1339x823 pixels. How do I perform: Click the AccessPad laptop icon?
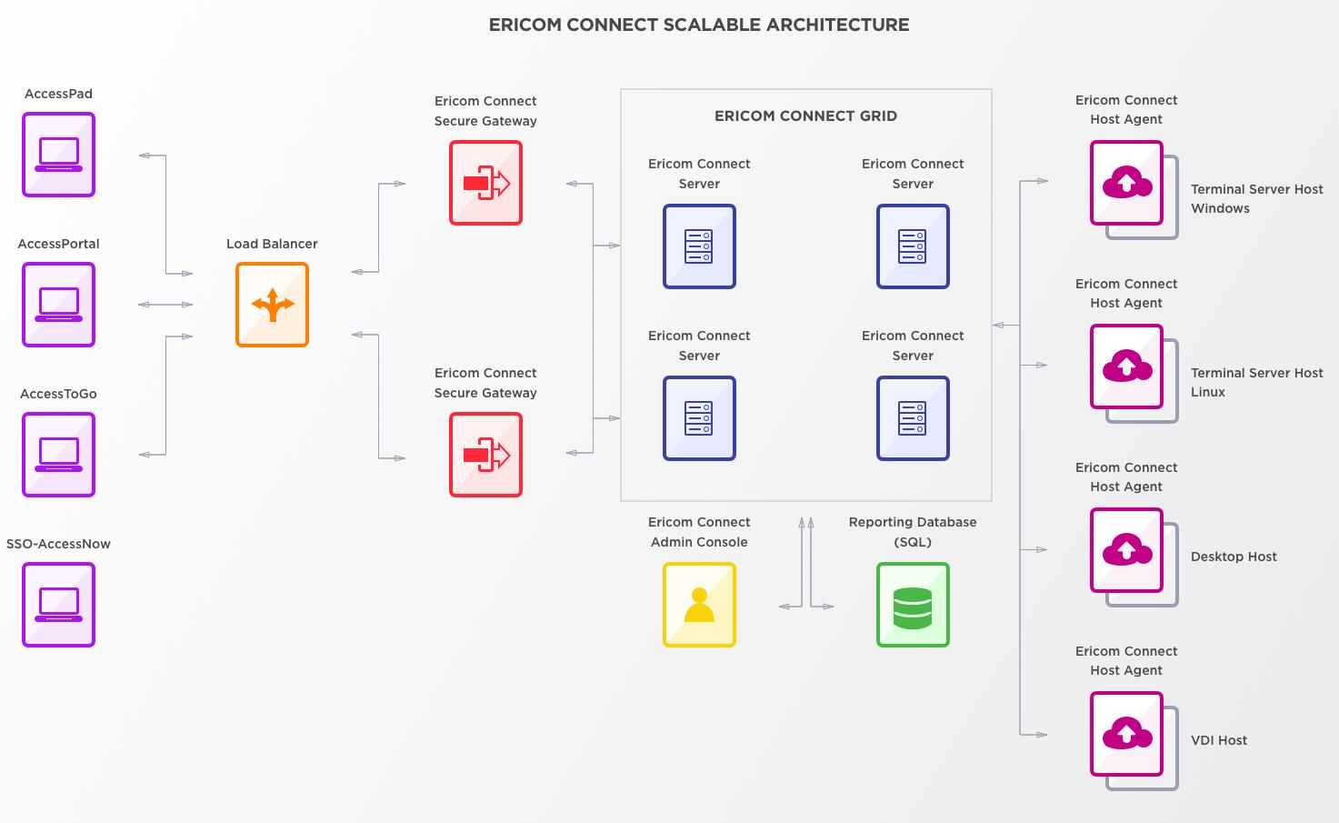[x=58, y=155]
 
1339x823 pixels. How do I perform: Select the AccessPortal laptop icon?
[x=58, y=305]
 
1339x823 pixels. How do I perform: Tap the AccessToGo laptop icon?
[x=58, y=455]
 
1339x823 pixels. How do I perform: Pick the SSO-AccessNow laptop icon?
[x=58, y=605]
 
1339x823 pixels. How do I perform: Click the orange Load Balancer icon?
[x=272, y=305]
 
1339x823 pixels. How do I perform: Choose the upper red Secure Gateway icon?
[x=485, y=183]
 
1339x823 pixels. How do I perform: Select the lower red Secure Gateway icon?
[x=485, y=455]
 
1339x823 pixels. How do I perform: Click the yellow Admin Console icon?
[x=699, y=605]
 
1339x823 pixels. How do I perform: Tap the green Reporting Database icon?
[x=913, y=605]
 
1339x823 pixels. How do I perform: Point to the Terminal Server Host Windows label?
[x=1256, y=198]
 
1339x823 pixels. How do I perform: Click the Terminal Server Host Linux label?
[x=1256, y=382]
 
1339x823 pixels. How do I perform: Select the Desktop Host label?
[x=1234, y=557]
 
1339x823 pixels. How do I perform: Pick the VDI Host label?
[x=1218, y=740]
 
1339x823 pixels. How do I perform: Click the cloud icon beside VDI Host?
[x=1126, y=734]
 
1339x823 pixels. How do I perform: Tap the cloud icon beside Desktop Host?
[x=1126, y=550]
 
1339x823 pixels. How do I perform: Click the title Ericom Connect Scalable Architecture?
[x=698, y=25]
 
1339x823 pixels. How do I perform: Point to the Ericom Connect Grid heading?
[x=805, y=115]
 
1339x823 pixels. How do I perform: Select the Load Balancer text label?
[x=272, y=244]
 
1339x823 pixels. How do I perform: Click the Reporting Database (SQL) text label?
[x=913, y=532]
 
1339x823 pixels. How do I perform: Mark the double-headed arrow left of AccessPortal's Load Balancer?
[x=165, y=305]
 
